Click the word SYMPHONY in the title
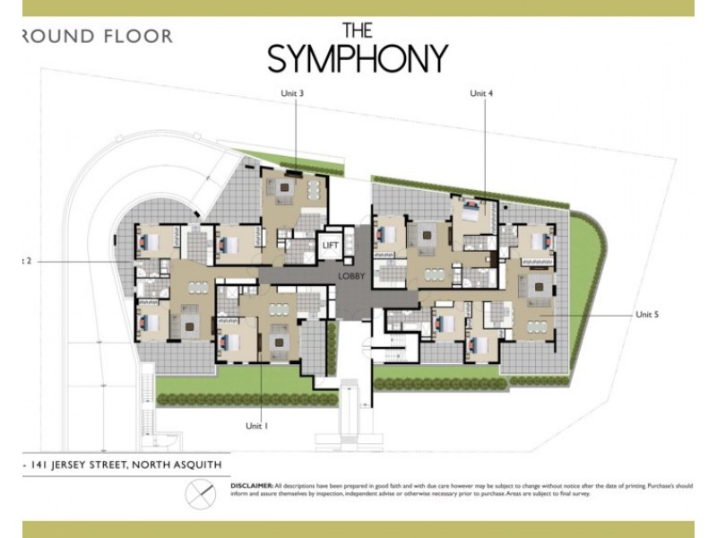pos(357,58)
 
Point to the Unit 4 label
pos(482,93)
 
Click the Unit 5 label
pos(647,315)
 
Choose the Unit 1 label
pos(256,426)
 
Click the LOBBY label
pos(351,277)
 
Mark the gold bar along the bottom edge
pos(358,529)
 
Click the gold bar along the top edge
pos(358,8)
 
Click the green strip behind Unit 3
pos(269,160)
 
